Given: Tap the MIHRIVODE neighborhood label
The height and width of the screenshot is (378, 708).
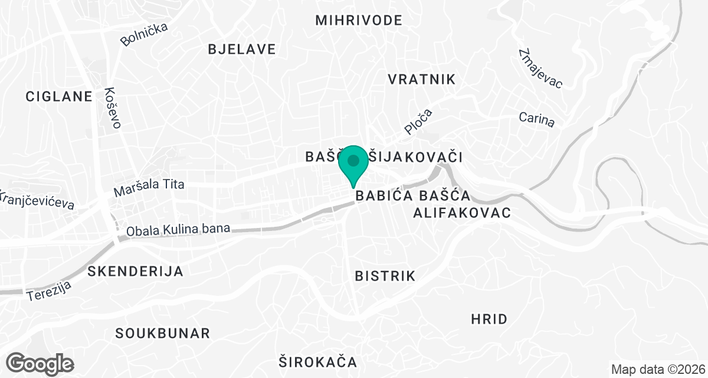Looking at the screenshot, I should point(359,20).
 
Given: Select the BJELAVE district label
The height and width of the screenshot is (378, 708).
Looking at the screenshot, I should point(242,49).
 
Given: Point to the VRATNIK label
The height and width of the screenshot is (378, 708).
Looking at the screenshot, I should point(422,79).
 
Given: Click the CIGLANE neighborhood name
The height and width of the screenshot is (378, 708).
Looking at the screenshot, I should point(59,96).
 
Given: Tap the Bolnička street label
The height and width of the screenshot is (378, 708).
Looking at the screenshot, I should point(144,34).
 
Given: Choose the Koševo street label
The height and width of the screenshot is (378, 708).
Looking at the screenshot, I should point(112,108).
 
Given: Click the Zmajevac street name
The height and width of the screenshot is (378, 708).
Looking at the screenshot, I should point(540,69).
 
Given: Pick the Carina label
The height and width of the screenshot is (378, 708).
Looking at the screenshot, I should point(537,119).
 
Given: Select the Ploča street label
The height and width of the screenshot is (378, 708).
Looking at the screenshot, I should point(418,121).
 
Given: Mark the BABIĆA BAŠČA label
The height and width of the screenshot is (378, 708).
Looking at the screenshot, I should point(412,195).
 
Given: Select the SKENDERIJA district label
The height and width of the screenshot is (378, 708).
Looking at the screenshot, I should point(135,272).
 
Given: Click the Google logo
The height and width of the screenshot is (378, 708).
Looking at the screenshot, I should point(40,363).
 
